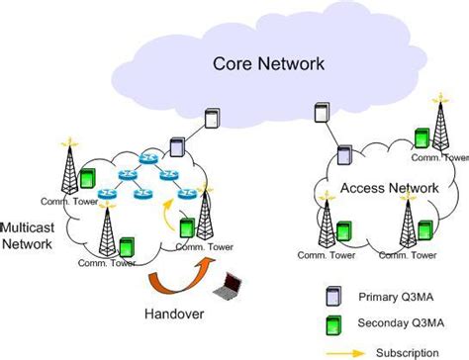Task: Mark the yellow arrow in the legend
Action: point(340,350)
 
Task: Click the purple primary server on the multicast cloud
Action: point(175,147)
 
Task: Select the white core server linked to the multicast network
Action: point(211,118)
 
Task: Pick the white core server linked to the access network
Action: point(322,112)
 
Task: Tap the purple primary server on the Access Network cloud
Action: point(343,154)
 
